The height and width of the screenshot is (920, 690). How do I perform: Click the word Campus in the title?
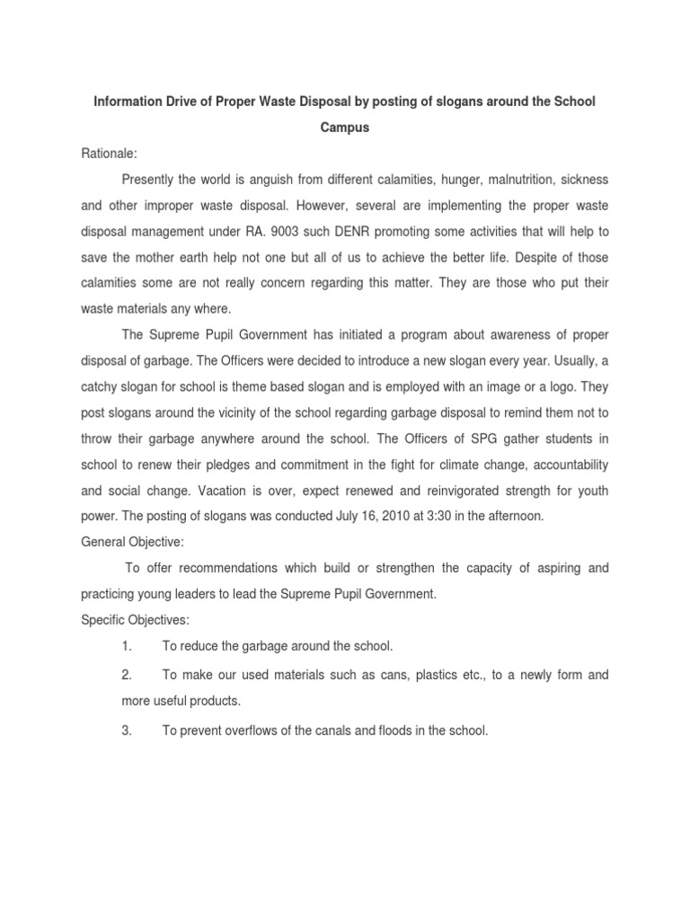pyautogui.click(x=345, y=128)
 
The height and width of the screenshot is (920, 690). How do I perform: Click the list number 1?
pyautogui.click(x=127, y=646)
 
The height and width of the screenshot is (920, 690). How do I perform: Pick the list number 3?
pyautogui.click(x=127, y=731)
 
